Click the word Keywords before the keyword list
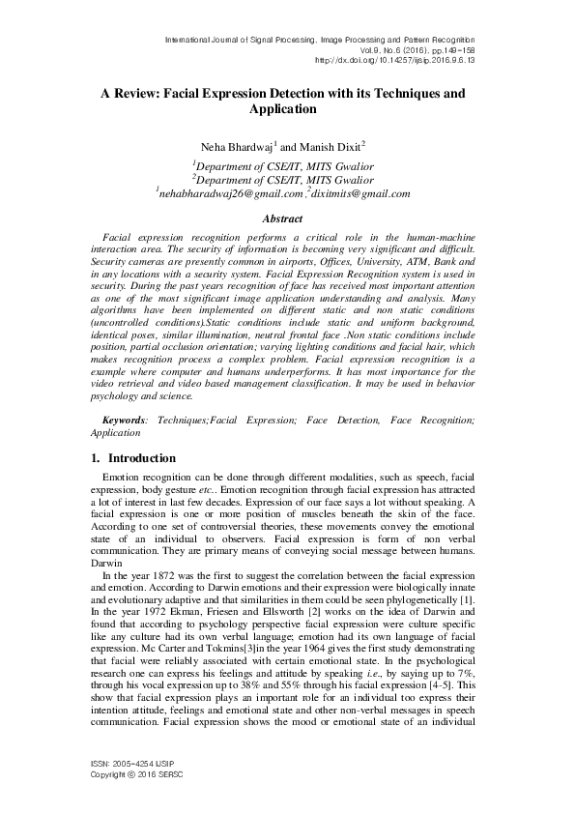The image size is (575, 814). point(125,422)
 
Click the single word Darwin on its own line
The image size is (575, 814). point(108,562)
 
